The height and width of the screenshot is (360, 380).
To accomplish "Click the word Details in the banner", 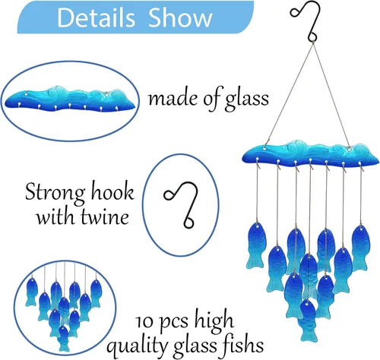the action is point(96,17).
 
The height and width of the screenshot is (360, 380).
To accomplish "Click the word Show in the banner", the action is point(180,17).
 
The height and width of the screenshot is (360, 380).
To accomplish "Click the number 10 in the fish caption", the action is point(144,322).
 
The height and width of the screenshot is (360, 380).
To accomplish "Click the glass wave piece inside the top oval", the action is point(69,99).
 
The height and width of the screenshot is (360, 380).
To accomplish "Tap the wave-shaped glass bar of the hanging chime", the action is point(310,153).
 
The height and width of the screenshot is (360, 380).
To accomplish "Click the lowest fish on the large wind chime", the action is point(308,321).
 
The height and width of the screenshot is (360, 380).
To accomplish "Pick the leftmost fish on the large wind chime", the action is point(256,245).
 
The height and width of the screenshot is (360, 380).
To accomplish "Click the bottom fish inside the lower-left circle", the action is point(64,339).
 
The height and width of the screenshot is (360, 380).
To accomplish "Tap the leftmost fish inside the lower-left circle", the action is point(32,292).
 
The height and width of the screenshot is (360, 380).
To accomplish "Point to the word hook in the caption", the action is point(112,192).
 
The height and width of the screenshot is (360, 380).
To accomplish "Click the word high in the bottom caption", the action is point(214,321).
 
